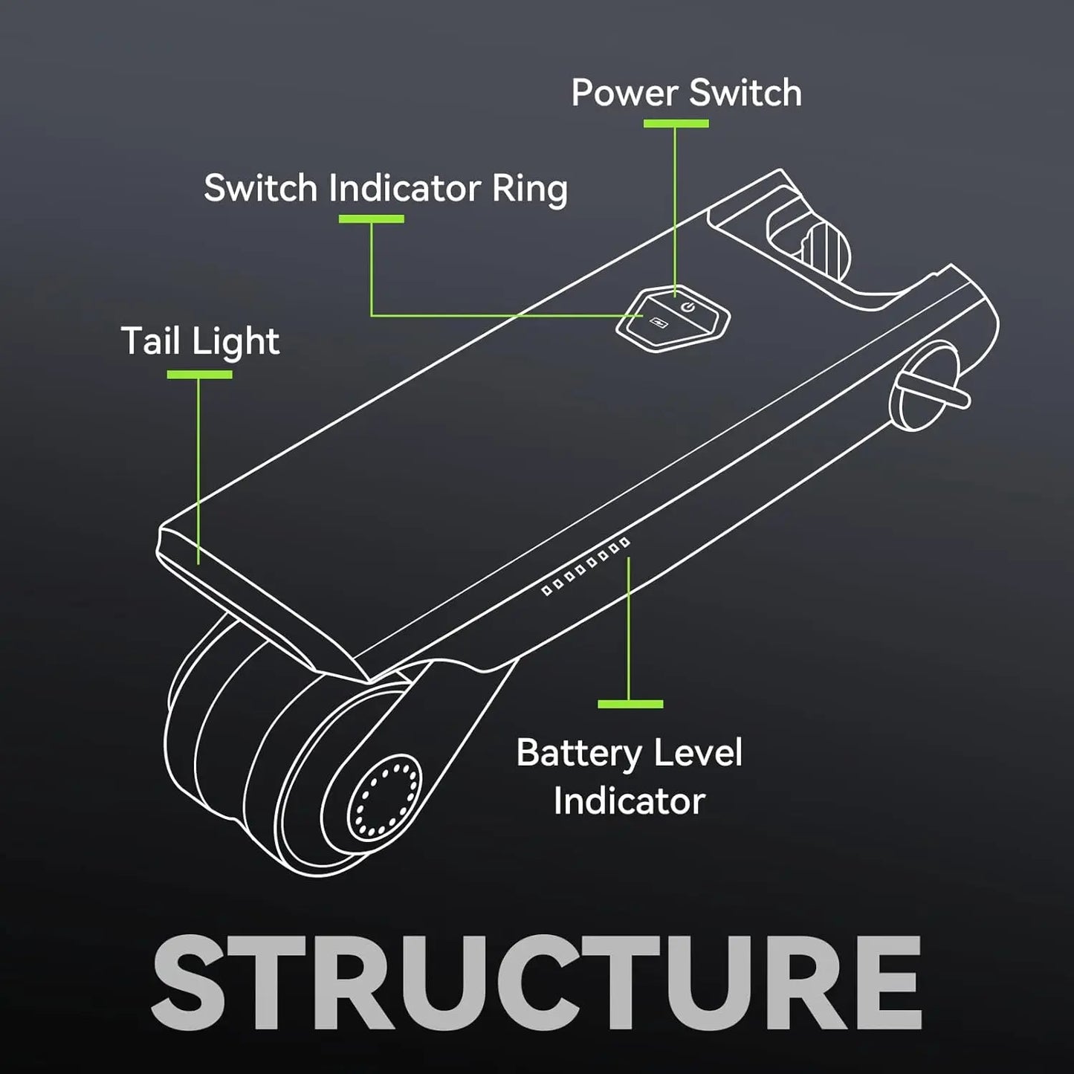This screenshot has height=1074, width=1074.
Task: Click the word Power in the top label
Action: (624, 94)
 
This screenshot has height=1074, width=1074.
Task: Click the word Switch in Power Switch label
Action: (745, 94)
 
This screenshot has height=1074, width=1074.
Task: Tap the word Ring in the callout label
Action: (529, 190)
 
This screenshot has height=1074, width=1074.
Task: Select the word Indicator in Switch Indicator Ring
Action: (404, 188)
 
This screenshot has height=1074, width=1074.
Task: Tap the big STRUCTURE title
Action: (537, 983)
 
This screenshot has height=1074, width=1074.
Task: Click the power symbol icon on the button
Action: (688, 305)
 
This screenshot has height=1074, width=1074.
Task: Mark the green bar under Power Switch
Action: (676, 123)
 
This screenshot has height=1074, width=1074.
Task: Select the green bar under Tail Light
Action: (199, 375)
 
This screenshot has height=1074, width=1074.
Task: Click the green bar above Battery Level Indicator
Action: (630, 703)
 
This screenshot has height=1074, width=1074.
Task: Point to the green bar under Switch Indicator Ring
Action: (371, 219)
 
